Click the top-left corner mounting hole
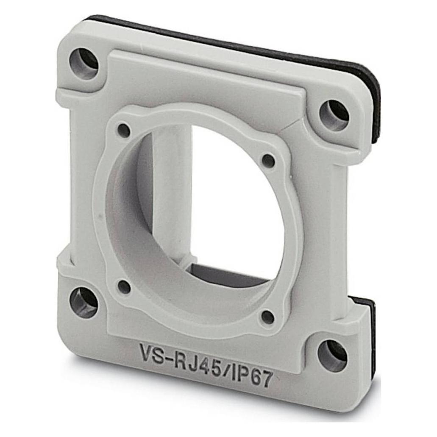(84, 64)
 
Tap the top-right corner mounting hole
(334, 115)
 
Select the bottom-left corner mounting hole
(84, 301)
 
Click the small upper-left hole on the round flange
(124, 130)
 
